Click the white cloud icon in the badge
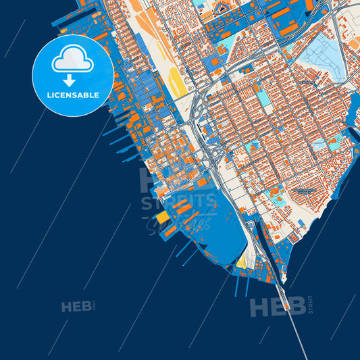click(x=72, y=59)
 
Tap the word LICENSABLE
click(x=72, y=95)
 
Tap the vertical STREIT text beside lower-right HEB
click(x=310, y=305)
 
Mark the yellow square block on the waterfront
click(x=163, y=217)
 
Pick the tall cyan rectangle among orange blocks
click(x=263, y=98)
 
